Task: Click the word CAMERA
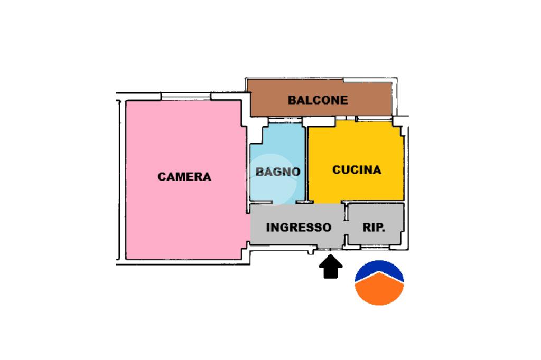184,177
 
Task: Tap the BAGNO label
278,172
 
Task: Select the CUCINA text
357,170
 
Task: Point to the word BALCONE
318,100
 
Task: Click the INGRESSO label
299,228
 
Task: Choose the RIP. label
374,228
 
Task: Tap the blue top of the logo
379,270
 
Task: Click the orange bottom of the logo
379,293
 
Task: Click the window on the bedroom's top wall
185,96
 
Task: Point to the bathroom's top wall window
285,121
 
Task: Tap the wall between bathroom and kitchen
306,164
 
